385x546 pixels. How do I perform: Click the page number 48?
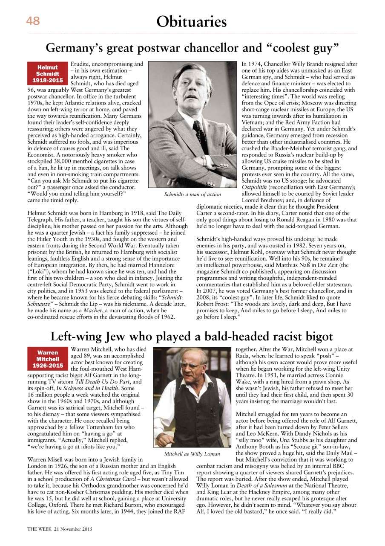(33, 21)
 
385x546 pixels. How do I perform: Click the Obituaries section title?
(191, 21)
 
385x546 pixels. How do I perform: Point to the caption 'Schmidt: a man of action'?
(192, 195)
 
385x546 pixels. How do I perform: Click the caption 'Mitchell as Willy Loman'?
(192, 454)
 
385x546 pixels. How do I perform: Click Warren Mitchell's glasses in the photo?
(191, 366)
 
